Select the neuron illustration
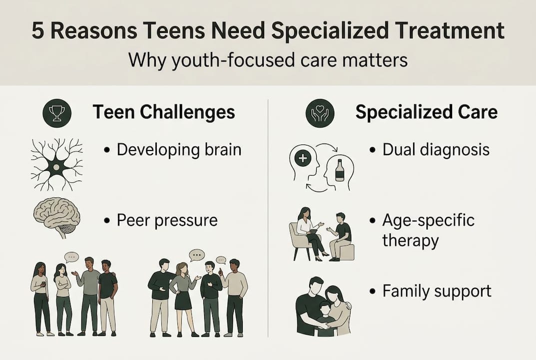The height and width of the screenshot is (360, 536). point(56,164)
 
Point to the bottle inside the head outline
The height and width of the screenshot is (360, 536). point(340,170)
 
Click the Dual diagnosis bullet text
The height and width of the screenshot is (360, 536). point(436,149)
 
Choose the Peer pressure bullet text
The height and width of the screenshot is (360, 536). point(167,220)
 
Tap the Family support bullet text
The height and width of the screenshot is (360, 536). point(437,291)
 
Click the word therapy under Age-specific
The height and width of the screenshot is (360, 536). point(410,240)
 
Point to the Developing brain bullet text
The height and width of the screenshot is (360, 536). point(178,149)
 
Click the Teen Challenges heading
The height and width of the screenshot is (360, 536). point(163,112)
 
